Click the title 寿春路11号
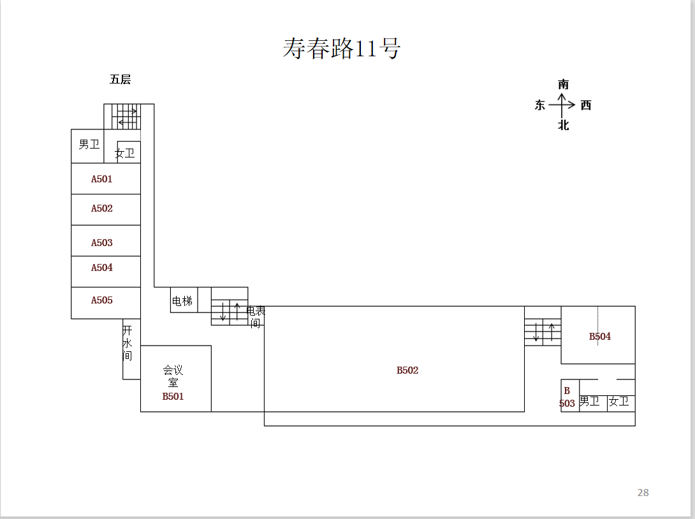point(342,48)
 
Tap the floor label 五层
point(120,80)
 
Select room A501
point(102,179)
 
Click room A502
point(102,208)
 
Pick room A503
point(102,242)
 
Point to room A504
point(102,268)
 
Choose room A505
point(102,300)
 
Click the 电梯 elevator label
point(182,301)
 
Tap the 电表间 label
point(256,317)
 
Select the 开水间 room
point(128,343)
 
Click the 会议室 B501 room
point(173,383)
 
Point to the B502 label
point(407,370)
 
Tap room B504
point(599,336)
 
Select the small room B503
point(567,397)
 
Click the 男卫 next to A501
point(89,145)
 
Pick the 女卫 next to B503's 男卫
point(619,402)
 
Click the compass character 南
point(563,85)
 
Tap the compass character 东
point(540,105)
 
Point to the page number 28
point(643,492)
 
